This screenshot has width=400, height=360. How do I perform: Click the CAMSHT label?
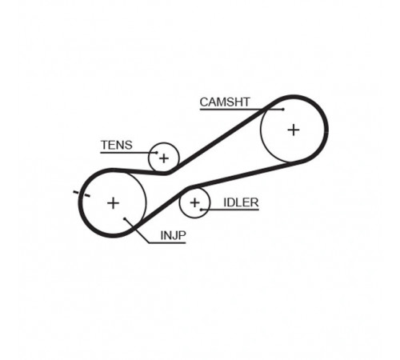tap(225, 102)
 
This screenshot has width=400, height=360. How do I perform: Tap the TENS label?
tap(117, 145)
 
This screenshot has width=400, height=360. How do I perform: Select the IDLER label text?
tap(241, 202)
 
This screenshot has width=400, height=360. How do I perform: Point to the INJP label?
tap(173, 235)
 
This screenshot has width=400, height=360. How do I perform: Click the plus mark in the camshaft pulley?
tap(294, 130)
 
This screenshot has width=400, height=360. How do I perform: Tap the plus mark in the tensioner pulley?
tap(164, 158)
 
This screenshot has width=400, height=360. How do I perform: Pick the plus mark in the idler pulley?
tap(194, 203)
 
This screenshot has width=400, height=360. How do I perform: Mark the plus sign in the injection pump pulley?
tap(113, 203)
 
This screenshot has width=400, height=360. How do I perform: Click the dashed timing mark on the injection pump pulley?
tap(82, 194)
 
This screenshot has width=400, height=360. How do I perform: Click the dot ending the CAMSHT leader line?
tap(283, 110)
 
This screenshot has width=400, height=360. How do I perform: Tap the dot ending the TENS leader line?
tap(157, 153)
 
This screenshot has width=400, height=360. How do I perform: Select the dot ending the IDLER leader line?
tap(201, 210)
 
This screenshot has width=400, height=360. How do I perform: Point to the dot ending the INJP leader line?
tap(125, 219)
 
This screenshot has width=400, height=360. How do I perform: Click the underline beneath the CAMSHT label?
tap(242, 110)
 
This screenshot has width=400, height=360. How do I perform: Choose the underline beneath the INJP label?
tap(167, 243)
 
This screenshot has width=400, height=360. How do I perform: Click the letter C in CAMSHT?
tap(204, 102)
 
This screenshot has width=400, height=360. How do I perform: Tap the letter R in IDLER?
tap(254, 202)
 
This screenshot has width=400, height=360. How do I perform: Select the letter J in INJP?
tap(174, 235)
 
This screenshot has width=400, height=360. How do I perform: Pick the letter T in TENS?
tap(105, 145)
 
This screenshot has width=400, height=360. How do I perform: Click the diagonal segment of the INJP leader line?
tap(137, 231)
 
